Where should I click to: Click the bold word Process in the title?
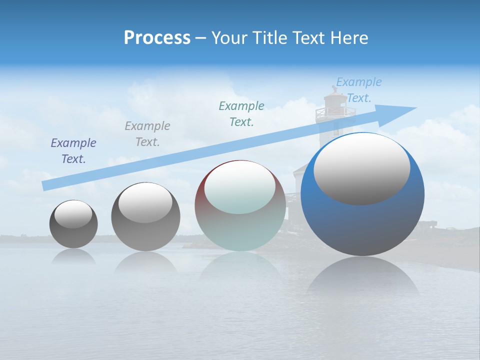tap(157, 38)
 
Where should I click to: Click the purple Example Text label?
tap(73, 151)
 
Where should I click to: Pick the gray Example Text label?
tap(147, 134)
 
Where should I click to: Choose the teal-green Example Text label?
tap(241, 113)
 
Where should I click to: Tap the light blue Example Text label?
tap(358, 90)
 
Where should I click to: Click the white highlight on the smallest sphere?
tap(73, 214)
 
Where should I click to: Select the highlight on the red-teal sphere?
tap(239, 187)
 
